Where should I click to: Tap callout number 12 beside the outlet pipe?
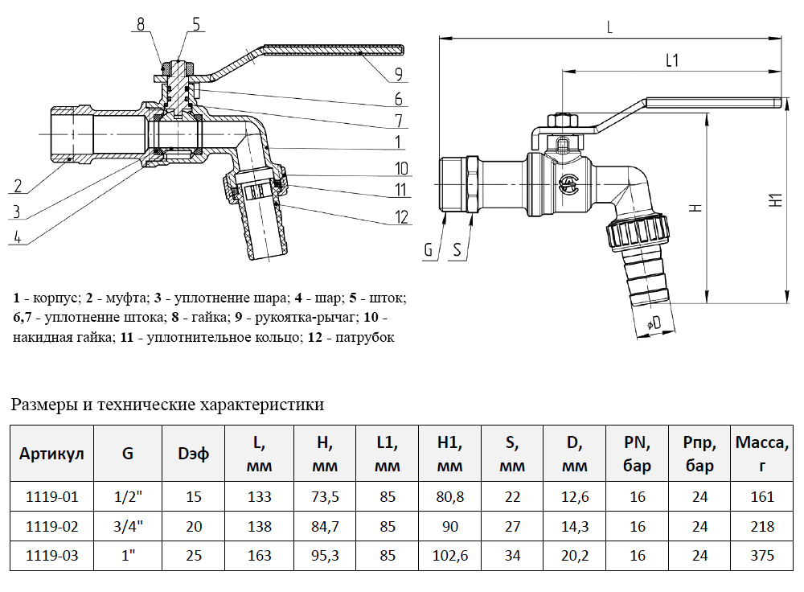pos(401,216)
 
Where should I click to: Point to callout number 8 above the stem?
pos(141,24)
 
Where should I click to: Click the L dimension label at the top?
pos(610,27)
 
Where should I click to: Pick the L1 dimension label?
pos(673,60)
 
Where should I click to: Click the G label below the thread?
pos(429,250)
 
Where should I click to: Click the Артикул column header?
pos(51,453)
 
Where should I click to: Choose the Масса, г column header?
pos(762,453)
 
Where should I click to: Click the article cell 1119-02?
pos(51,527)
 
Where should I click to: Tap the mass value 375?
pos(762,555)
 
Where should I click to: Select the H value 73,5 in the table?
pos(325,497)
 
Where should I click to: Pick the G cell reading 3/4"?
pos(128,527)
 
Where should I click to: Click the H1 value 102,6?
pos(449,555)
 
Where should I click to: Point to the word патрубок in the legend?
pos(366,337)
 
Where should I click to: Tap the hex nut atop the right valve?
pos(562,121)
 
